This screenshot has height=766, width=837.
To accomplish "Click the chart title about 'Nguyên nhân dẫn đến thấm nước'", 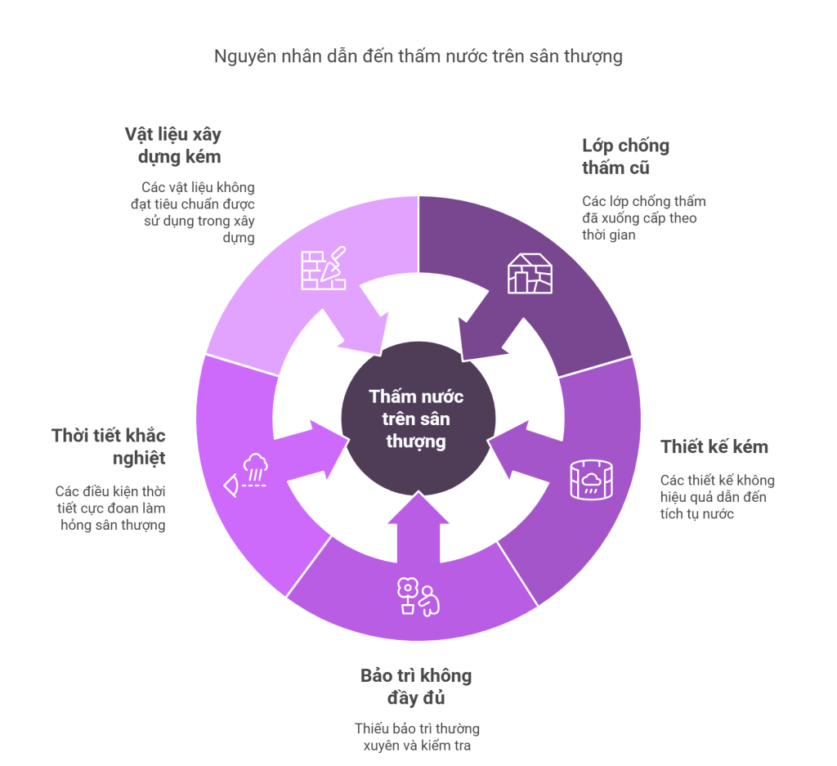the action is tap(418, 56).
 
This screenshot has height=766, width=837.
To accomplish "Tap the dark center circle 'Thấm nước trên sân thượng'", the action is tap(418, 419).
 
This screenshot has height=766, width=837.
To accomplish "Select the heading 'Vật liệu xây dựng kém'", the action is tap(173, 146).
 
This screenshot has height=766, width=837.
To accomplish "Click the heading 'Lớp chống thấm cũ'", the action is tap(625, 156).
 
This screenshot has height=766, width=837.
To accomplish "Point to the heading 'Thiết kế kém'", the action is tap(714, 447).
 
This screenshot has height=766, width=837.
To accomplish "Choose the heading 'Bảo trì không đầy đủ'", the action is tap(416, 687).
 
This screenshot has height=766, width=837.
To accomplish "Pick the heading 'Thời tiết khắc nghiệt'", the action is tap(109, 447).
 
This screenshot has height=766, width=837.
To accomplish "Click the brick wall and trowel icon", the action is tap(324, 268).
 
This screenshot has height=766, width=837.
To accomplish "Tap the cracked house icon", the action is tap(530, 273).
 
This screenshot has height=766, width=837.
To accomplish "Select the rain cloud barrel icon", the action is tap(591, 479).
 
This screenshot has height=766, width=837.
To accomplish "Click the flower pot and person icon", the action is tap(418, 597).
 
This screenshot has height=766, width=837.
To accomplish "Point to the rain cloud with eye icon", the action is tap(245, 475).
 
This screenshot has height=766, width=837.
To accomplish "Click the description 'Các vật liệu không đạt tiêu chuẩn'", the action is tap(193, 213).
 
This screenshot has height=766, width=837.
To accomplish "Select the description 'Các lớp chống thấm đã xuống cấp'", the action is tap(644, 217).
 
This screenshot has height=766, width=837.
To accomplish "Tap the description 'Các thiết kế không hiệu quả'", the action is tap(717, 497).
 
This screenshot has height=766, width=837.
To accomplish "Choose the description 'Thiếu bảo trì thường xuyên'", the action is tap(417, 737).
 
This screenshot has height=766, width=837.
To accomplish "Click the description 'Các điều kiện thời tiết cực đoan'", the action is tap(110, 508).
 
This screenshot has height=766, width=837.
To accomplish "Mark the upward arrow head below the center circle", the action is tap(418, 508).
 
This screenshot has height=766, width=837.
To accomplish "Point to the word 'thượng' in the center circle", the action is tap(416, 442).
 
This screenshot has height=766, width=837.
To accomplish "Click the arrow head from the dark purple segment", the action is tap(477, 339).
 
